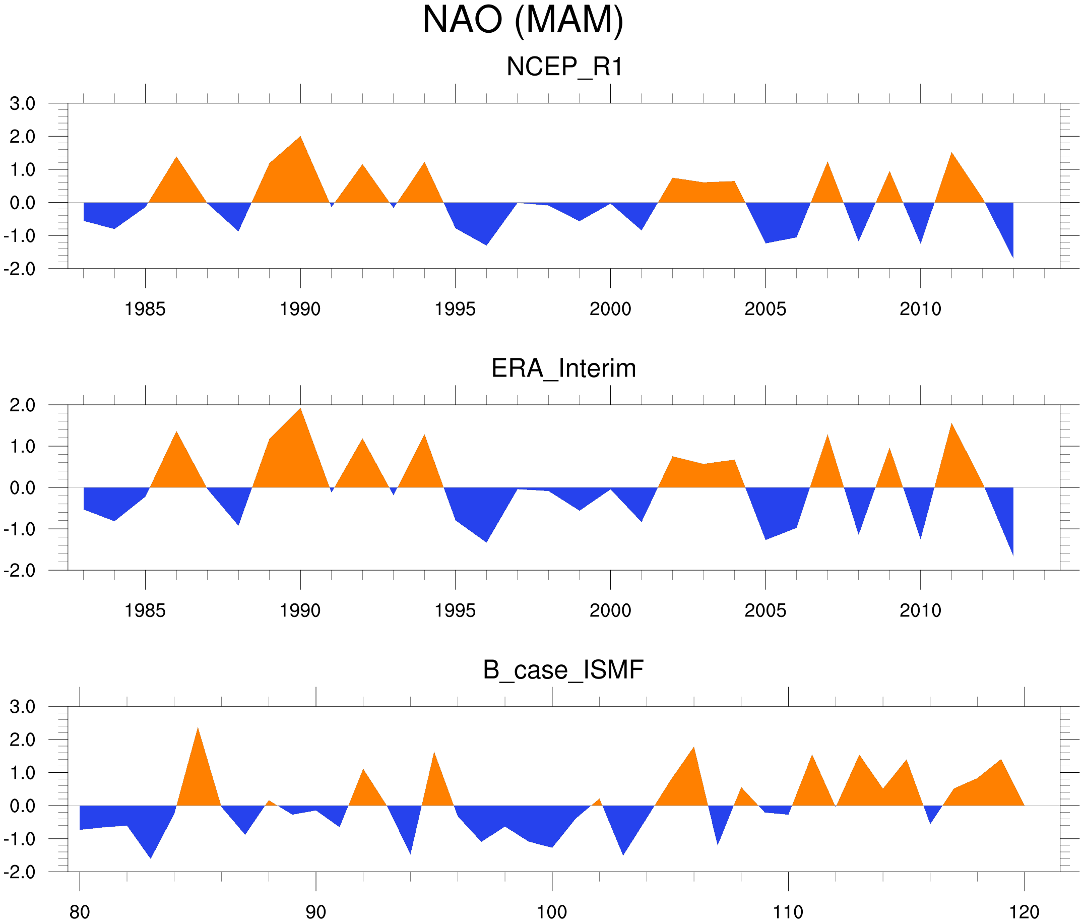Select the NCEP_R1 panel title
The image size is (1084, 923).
[564, 67]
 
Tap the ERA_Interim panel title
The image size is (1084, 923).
[563, 368]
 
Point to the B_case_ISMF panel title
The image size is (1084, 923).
[563, 670]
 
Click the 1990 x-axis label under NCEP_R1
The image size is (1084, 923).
[300, 309]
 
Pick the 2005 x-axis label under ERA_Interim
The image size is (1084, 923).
[765, 610]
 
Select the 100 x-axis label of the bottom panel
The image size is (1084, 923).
[552, 912]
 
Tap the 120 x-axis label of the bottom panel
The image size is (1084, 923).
[1024, 912]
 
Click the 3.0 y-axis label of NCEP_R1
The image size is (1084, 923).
[23, 104]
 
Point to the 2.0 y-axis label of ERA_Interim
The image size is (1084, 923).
[23, 405]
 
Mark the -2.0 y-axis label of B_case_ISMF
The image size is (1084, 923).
[19, 872]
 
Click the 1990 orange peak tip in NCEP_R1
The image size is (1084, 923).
[300, 137]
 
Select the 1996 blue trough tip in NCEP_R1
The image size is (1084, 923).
[486, 245]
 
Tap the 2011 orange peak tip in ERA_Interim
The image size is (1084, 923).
[951, 423]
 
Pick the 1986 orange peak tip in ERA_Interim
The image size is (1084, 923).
[176, 432]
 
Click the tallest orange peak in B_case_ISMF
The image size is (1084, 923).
[198, 728]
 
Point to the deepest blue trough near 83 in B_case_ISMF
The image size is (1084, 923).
[151, 858]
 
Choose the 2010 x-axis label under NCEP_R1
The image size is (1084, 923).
[920, 309]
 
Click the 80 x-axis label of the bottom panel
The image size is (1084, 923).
[80, 912]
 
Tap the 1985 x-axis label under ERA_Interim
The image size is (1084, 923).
[145, 610]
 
